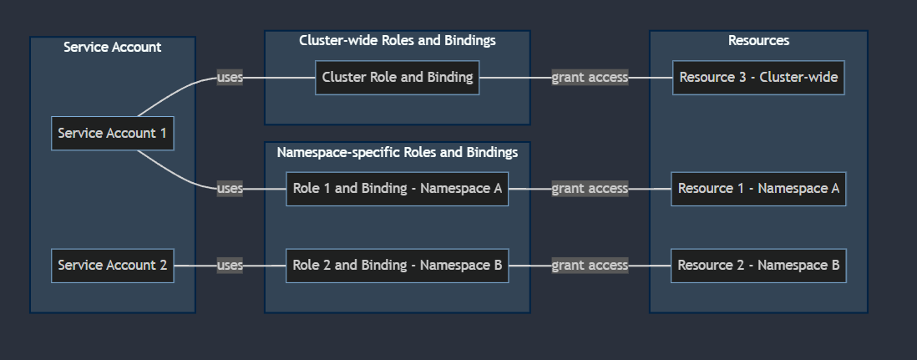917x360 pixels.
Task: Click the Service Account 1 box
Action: [112, 134]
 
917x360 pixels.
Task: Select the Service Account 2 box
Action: [112, 266]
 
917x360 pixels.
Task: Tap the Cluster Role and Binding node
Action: [397, 78]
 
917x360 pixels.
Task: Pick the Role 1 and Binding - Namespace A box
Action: [397, 189]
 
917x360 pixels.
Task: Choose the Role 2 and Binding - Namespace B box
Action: [397, 266]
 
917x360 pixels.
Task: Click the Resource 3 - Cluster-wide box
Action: [758, 78]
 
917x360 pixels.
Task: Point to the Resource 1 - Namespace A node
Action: [758, 189]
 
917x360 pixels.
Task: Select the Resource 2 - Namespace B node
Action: [758, 266]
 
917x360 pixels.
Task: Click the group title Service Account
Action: [112, 47]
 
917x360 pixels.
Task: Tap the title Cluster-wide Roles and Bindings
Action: [397, 40]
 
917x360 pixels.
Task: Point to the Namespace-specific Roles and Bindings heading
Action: [397, 152]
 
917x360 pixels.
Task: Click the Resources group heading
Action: [758, 40]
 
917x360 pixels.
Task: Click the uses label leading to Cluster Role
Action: [230, 78]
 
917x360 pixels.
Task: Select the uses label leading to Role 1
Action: [230, 189]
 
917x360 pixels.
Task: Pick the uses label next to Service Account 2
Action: [230, 266]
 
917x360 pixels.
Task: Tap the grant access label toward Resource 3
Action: [590, 78]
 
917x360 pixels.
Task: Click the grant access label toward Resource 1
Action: [590, 189]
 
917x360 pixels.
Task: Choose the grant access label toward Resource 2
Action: [590, 266]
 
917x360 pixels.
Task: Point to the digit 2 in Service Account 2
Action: [163, 265]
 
